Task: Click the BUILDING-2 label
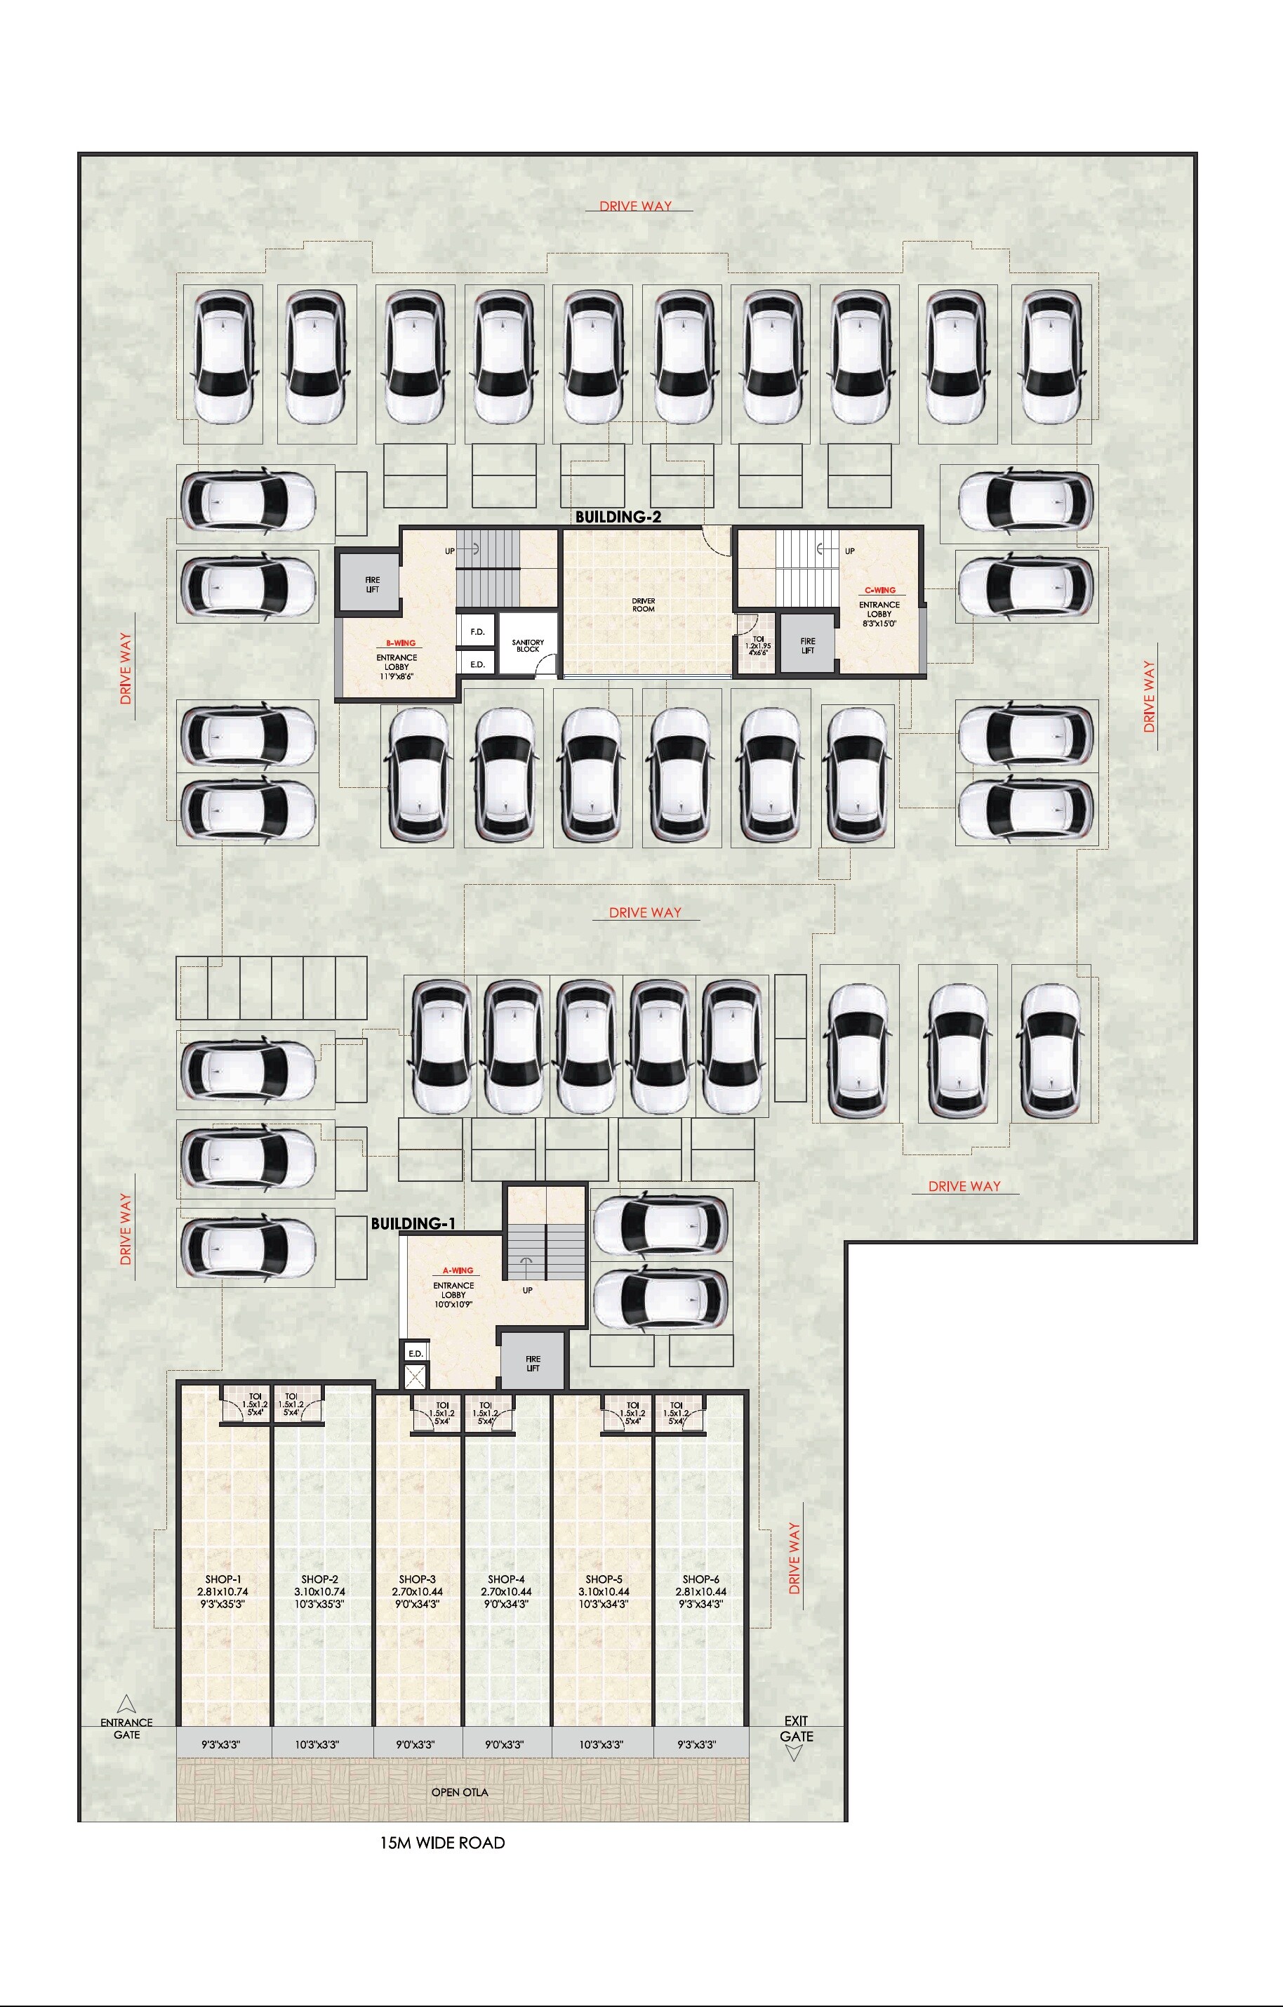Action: [x=618, y=517]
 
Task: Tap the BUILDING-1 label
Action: [x=413, y=1223]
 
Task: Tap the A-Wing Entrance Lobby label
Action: [x=454, y=1288]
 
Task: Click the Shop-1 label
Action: [x=222, y=1591]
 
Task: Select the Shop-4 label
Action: [x=506, y=1591]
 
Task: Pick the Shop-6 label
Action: [x=700, y=1591]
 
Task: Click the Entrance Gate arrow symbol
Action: [x=126, y=1704]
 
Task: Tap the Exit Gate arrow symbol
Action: [x=796, y=1753]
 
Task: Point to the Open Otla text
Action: [x=460, y=1792]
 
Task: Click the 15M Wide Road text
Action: [x=442, y=1843]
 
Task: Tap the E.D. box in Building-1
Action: [x=416, y=1353]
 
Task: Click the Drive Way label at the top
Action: [x=636, y=206]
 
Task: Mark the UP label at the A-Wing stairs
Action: [x=527, y=1290]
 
